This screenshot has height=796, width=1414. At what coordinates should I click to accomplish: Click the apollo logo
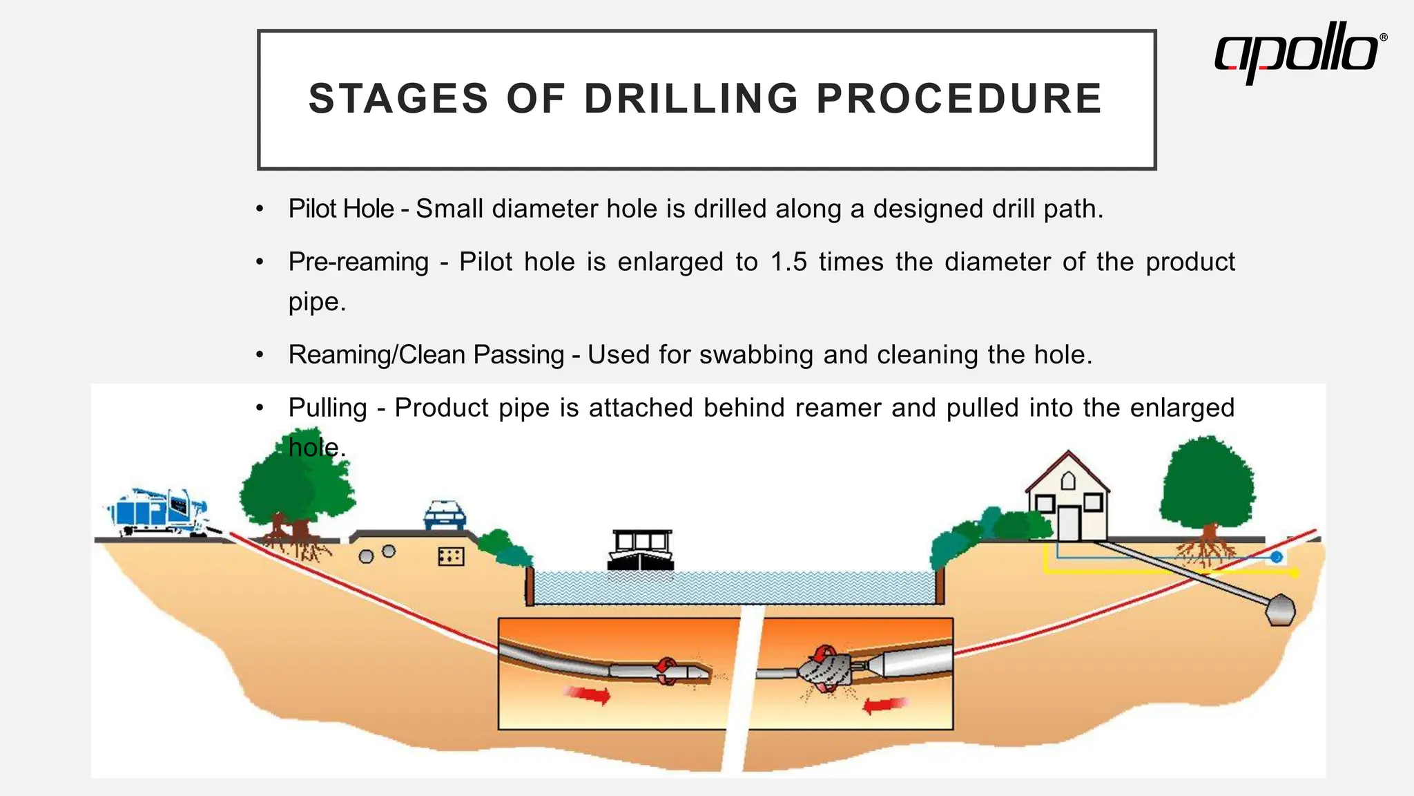(1298, 51)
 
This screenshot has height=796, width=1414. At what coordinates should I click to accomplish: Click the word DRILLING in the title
(691, 99)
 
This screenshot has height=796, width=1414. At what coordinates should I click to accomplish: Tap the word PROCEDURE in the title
(959, 99)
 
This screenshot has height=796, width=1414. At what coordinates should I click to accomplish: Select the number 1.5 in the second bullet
(788, 263)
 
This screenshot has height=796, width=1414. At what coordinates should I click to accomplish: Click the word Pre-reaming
(358, 263)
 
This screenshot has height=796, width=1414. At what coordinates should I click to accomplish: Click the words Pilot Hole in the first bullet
(341, 209)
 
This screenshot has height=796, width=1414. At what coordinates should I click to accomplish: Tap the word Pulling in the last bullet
(327, 408)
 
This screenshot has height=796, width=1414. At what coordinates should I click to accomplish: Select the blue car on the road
(445, 515)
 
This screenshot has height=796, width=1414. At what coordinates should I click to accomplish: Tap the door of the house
(1068, 523)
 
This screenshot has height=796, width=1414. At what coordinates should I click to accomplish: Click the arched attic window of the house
(1068, 480)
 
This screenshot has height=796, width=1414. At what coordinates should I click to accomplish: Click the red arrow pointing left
(884, 705)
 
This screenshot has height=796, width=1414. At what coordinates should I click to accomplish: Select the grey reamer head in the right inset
(826, 670)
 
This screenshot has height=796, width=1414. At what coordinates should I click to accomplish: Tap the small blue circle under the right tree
(1277, 557)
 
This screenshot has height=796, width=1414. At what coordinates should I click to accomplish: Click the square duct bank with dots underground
(451, 556)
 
